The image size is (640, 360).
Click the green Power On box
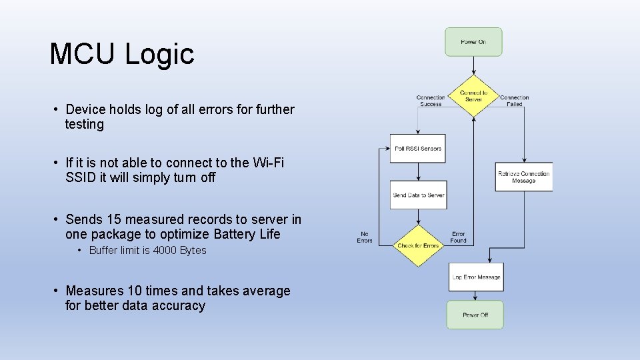pyautogui.click(x=473, y=42)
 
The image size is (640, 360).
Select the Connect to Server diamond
pyautogui.click(x=473, y=97)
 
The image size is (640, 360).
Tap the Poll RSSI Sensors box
pyautogui.click(x=417, y=149)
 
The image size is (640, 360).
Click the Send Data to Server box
pyautogui.click(x=418, y=195)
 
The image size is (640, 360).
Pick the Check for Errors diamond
pyautogui.click(x=418, y=245)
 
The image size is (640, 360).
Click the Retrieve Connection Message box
pyautogui.click(x=523, y=177)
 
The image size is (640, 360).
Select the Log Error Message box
pyautogui.click(x=476, y=277)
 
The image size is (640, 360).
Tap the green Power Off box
pyautogui.click(x=475, y=315)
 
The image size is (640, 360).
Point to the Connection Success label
pyautogui.click(x=431, y=101)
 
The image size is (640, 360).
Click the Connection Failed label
pyautogui.click(x=514, y=101)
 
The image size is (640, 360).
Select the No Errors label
pyautogui.click(x=365, y=237)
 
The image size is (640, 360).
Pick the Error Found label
pyautogui.click(x=458, y=237)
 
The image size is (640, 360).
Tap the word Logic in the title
pyautogui.click(x=159, y=54)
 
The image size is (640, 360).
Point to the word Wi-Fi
pyautogui.click(x=268, y=163)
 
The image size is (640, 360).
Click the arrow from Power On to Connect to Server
pyautogui.click(x=473, y=65)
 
